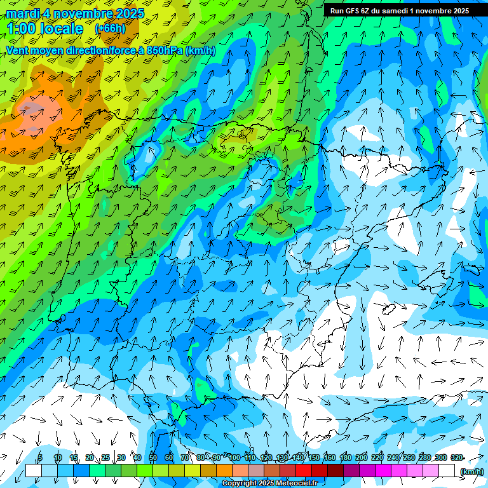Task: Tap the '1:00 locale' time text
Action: click(44, 29)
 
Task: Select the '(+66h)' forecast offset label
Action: click(110, 29)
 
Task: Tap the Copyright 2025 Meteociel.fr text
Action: click(278, 484)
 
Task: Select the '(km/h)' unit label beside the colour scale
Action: click(471, 471)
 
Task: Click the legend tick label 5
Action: click(40, 457)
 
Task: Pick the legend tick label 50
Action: click(152, 457)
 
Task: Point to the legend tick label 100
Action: click(234, 457)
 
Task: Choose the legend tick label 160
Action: click(329, 457)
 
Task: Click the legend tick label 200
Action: click(361, 457)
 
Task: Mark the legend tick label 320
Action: click(456, 457)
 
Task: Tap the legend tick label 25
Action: click(105, 457)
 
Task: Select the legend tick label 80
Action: click(201, 457)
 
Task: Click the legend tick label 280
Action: click(424, 457)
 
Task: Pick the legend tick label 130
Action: click(281, 457)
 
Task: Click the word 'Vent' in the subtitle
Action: click(18, 50)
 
